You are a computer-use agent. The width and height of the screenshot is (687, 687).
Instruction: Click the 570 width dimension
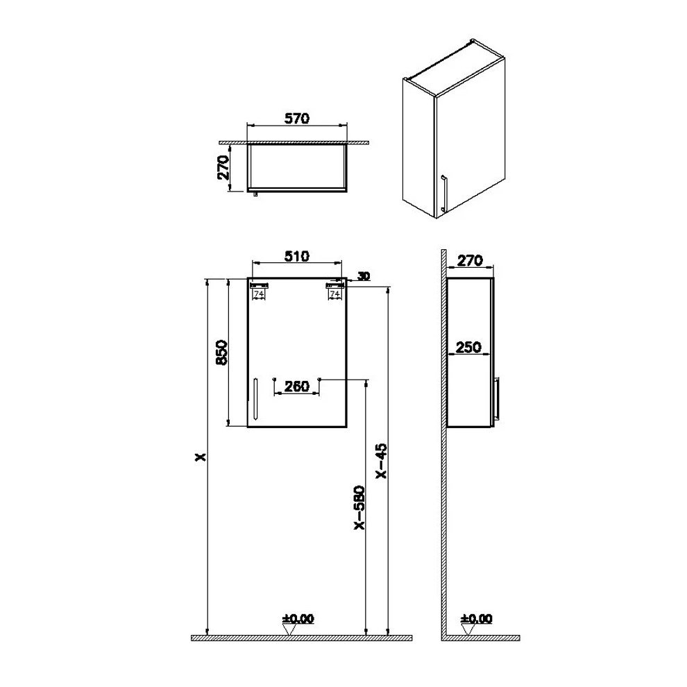click(297, 118)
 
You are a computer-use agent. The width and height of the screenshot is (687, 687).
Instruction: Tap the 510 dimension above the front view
click(297, 256)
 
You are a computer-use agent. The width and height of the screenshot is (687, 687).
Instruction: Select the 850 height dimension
click(222, 353)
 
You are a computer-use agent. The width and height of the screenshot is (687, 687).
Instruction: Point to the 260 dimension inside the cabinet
click(297, 386)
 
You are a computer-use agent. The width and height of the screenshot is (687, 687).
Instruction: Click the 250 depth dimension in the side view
click(469, 348)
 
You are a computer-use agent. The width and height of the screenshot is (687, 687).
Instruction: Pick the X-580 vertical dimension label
click(359, 507)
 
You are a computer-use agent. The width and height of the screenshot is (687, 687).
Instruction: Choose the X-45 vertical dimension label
click(382, 461)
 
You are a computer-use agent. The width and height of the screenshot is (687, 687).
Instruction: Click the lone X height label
click(201, 457)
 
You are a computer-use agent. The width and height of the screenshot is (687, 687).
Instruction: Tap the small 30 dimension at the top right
click(364, 276)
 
